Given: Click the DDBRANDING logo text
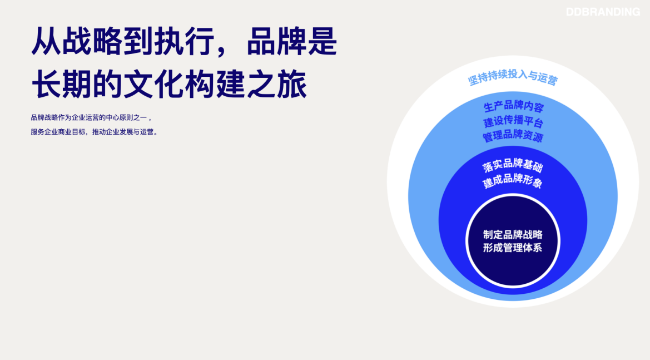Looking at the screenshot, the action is (603, 12).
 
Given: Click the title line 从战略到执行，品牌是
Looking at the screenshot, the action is (184, 42).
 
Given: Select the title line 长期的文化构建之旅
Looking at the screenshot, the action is (169, 84).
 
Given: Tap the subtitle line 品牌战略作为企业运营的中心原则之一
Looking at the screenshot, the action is (91, 118).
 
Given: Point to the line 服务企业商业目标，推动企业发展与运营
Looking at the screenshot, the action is (95, 132).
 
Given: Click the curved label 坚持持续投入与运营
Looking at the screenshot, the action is (513, 77).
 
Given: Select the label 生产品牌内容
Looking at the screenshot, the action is (513, 107).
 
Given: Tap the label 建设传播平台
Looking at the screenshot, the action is (513, 122).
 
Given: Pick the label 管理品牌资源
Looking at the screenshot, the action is (513, 136).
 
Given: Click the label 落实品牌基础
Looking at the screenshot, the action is (513, 165).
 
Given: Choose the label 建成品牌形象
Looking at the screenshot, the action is (513, 181).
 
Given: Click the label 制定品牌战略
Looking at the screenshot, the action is (513, 235).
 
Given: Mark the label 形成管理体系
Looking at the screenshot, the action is (513, 248).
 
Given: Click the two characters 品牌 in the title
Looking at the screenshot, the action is (276, 42).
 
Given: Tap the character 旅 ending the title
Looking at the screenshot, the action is (292, 84).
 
